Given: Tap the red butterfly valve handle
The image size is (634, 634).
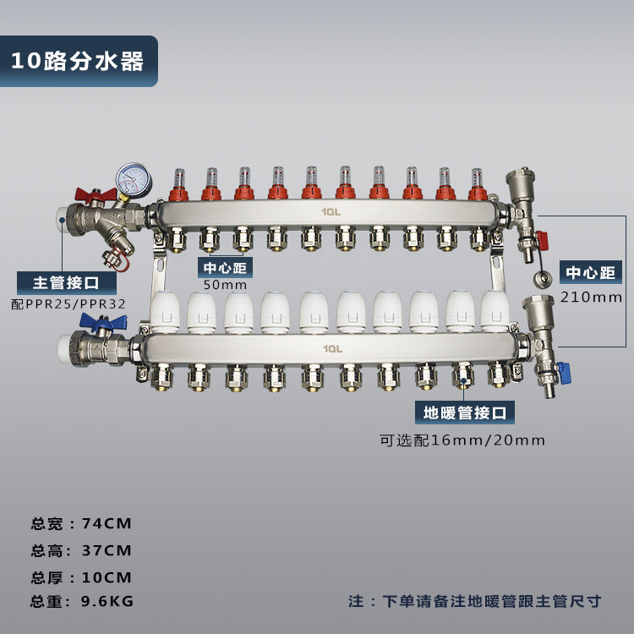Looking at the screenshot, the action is [96, 194].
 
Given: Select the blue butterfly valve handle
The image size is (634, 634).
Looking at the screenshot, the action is [102, 321].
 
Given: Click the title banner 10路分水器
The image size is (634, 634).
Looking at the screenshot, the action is [79, 61].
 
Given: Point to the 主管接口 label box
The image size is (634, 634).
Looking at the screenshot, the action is [67, 282].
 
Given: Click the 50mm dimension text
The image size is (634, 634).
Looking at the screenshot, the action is [225, 285].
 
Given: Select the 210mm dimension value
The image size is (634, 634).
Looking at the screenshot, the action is [591, 298].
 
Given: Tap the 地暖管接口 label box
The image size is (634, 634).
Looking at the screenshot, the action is [465, 413].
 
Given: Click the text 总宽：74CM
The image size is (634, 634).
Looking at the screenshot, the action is [81, 523].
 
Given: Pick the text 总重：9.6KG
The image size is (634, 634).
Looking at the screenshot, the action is [82, 601].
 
